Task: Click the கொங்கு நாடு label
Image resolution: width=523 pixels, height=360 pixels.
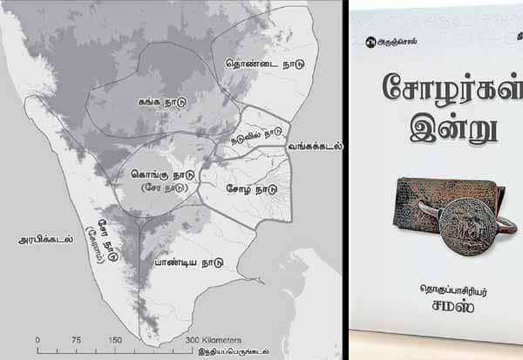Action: click(x=161, y=173)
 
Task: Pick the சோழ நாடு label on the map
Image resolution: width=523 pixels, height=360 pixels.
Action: click(x=251, y=187)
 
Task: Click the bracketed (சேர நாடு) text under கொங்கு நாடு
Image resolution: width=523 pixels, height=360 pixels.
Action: click(x=162, y=187)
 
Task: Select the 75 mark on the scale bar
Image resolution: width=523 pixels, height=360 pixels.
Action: click(x=77, y=340)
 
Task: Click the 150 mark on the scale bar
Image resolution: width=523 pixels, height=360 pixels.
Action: click(x=115, y=340)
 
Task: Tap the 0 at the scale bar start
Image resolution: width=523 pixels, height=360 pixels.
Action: click(x=37, y=340)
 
